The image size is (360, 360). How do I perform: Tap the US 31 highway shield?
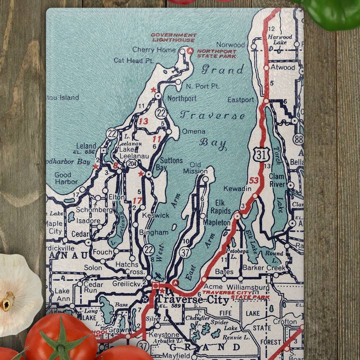(x=261, y=154)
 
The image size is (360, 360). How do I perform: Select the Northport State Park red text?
(x=216, y=53)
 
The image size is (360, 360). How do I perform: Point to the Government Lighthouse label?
(x=173, y=37)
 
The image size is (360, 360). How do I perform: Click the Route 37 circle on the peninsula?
(x=185, y=252)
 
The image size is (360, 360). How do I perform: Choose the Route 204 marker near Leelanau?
(x=132, y=163)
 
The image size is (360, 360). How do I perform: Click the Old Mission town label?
(x=195, y=167)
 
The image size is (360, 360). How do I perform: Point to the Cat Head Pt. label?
(x=133, y=60)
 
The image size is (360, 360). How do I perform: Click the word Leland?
(x=86, y=146)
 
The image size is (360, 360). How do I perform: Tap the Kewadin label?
(x=237, y=188)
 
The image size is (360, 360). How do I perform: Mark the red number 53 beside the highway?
(x=254, y=180)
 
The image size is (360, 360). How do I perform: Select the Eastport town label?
(x=240, y=99)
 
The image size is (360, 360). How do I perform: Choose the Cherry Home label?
(x=154, y=49)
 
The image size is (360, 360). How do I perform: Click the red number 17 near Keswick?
(x=137, y=200)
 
